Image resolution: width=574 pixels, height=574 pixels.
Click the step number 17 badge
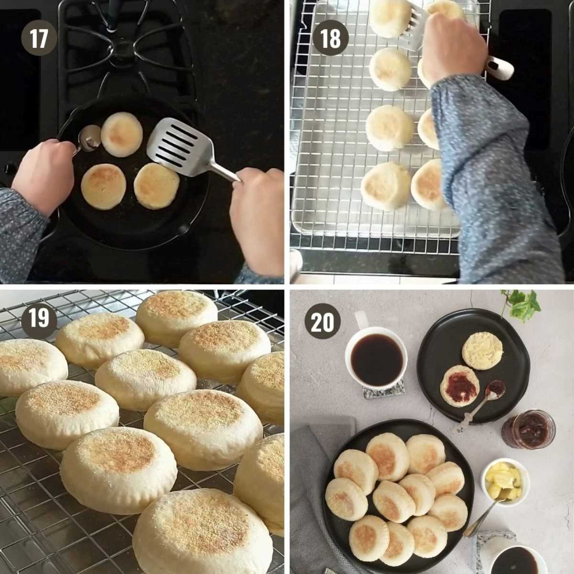coord(39,38)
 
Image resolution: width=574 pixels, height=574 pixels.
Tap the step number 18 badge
coord(330,38)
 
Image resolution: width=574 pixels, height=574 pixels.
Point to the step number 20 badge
coord(322,321)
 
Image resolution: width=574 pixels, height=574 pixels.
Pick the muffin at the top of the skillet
coord(121,134)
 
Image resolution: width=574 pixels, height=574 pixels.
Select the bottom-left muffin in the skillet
coord(103,186)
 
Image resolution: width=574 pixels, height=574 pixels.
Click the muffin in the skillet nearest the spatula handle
coord(156,186)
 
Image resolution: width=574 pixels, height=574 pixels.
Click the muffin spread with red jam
coord(460,386)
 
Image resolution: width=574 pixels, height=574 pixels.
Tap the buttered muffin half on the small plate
coord(482,350)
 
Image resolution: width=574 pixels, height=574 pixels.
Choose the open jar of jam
coord(529,429)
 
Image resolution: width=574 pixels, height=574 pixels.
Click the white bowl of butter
coord(505,480)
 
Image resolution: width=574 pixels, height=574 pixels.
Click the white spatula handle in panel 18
coord(500,67)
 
